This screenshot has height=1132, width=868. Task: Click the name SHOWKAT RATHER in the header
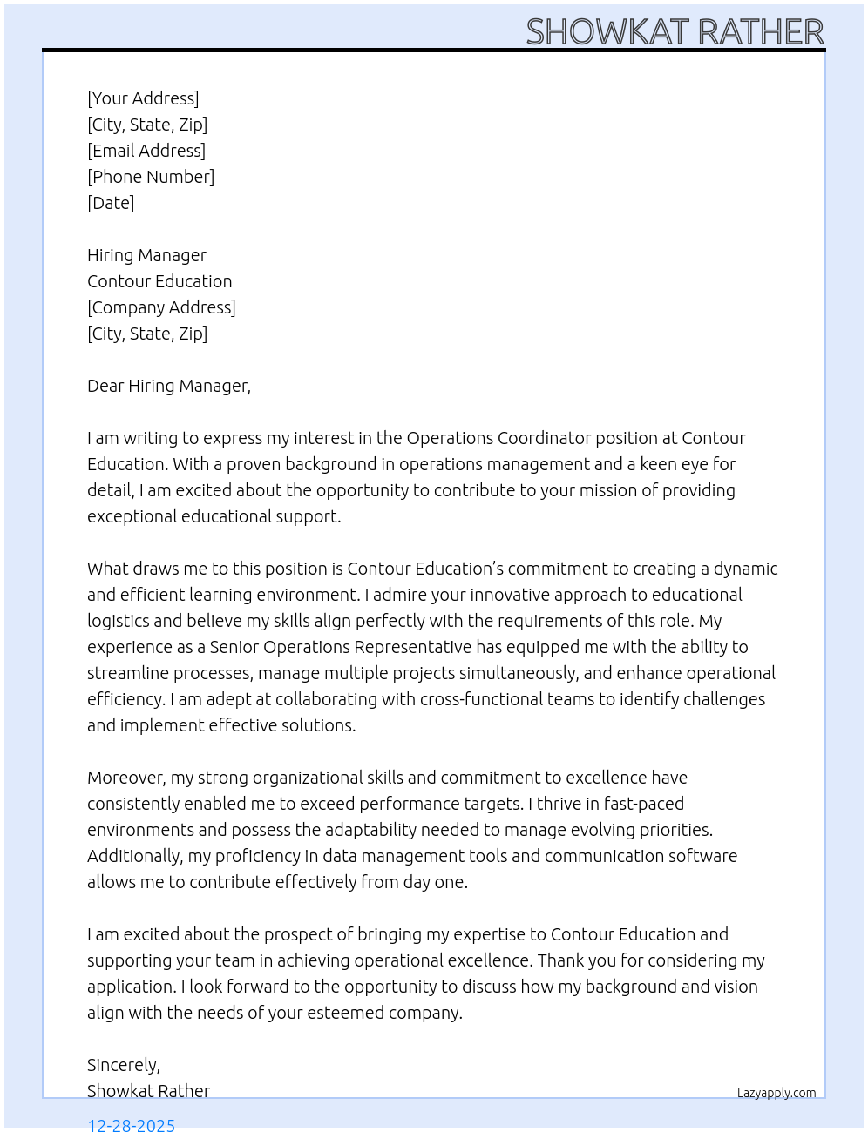675,32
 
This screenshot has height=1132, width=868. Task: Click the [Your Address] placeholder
143,98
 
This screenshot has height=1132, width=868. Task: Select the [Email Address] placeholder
146,151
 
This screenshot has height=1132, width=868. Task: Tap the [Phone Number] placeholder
151,177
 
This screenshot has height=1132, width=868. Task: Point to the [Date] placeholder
111,203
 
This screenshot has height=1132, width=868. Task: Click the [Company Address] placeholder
161,307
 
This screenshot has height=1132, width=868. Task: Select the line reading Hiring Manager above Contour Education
146,255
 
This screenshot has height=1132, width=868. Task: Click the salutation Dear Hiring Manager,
168,386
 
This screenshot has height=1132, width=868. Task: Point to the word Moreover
126,778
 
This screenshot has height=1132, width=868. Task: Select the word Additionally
135,856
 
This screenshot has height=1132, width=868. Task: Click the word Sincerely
123,1065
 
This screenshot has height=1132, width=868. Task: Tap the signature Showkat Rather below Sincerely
148,1091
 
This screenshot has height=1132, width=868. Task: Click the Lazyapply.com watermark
776,1093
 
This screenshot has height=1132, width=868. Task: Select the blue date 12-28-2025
132,1124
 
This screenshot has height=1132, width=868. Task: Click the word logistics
120,621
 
